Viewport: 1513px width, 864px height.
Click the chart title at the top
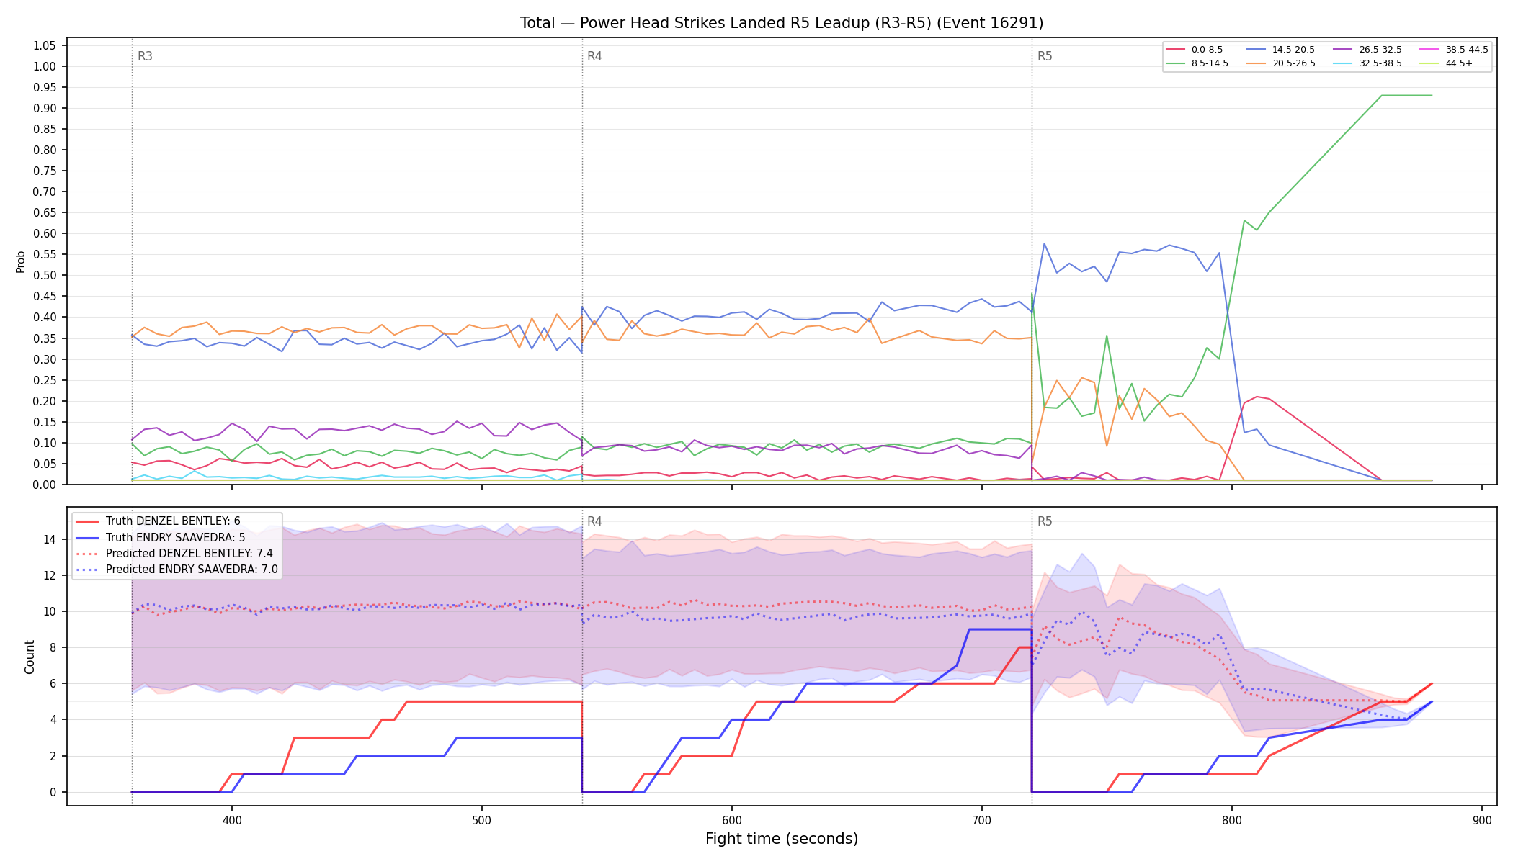point(782,23)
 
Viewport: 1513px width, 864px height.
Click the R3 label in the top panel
point(145,56)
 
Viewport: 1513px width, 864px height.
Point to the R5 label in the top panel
point(1045,56)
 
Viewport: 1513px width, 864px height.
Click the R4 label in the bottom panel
point(594,521)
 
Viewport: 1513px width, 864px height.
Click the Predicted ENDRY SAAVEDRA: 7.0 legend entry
point(177,569)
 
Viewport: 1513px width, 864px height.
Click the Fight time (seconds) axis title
point(782,839)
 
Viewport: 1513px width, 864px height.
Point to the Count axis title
point(30,657)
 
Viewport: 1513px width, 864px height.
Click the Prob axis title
point(20,261)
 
